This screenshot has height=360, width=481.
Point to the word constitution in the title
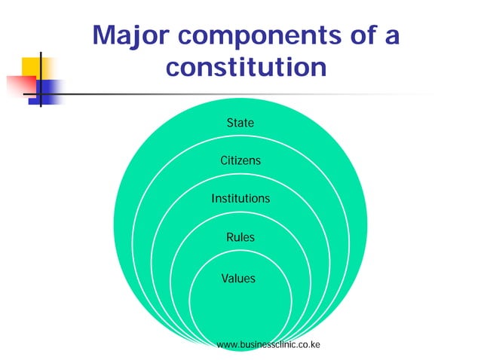tap(246, 68)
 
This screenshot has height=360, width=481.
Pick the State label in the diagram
tap(240, 123)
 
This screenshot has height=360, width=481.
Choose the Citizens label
tap(240, 161)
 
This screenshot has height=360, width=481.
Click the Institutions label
tap(240, 200)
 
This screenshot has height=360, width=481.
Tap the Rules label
tap(240, 238)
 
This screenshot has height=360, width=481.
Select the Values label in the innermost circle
tap(238, 279)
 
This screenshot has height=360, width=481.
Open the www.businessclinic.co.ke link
tap(268, 345)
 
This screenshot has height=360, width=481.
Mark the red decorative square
tap(18, 85)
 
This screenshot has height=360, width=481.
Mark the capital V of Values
tap(225, 279)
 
